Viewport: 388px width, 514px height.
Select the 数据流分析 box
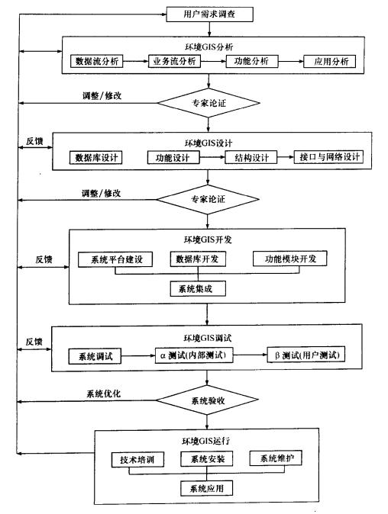tap(98, 61)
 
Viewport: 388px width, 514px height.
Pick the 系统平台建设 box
tap(115, 259)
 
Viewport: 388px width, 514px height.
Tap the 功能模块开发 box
tap(290, 259)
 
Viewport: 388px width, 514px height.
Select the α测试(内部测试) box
tap(199, 356)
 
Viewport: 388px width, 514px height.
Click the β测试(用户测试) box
tap(306, 356)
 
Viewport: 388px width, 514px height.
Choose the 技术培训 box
tap(137, 460)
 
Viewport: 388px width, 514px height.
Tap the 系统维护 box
tap(275, 459)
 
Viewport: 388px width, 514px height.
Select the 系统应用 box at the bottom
tap(206, 488)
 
